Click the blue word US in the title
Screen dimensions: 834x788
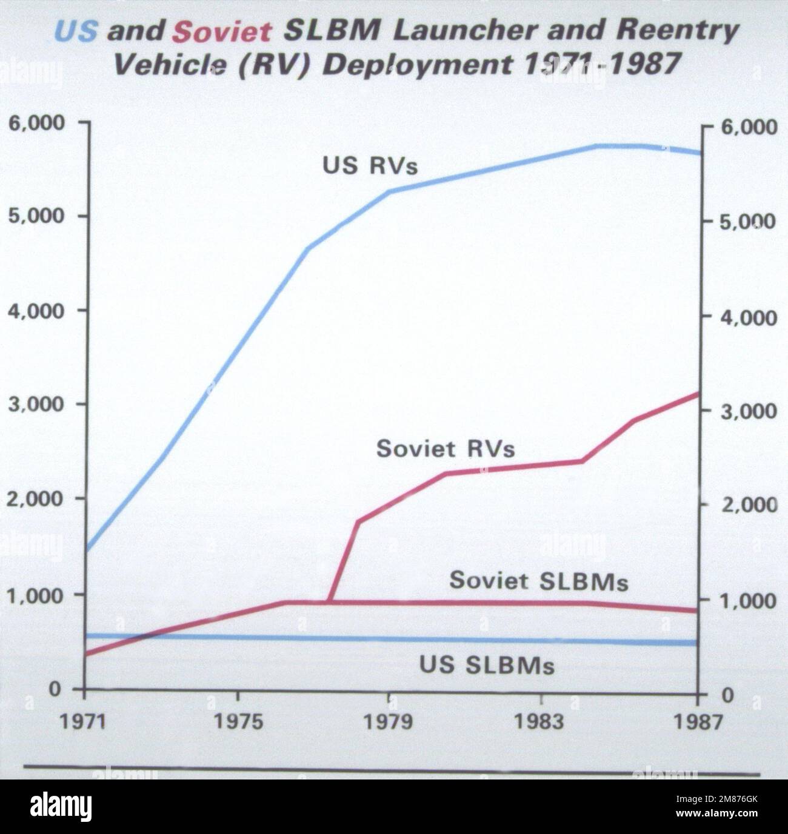coord(76,31)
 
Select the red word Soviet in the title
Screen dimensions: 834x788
coord(221,31)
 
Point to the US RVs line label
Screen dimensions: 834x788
coord(370,165)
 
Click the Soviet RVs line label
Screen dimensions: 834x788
coord(446,449)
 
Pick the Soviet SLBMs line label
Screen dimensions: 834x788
coord(538,581)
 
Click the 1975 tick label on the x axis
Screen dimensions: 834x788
coord(239,722)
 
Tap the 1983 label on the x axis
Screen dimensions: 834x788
coord(540,722)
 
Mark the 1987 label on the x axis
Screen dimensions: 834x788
coord(698,723)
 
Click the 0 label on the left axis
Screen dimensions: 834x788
coord(55,689)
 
